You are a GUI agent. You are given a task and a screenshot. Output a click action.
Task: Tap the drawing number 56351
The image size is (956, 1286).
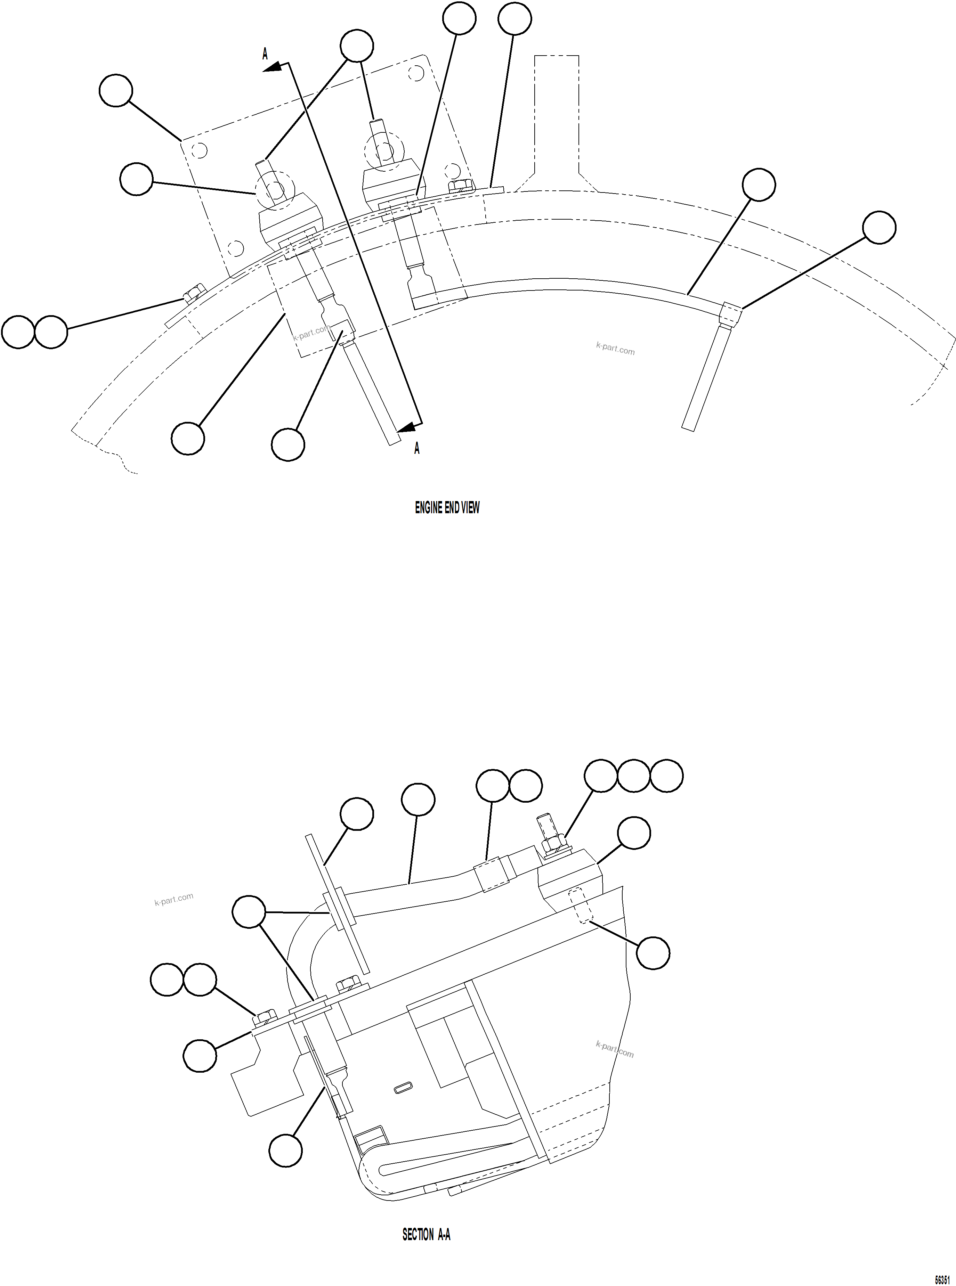tap(942, 1278)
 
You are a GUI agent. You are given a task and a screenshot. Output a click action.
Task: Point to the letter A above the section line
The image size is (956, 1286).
tap(265, 54)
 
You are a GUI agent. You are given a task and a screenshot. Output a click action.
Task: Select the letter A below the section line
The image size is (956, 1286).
tap(417, 448)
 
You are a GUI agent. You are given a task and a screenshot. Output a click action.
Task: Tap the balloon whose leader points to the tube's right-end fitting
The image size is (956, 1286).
tap(879, 227)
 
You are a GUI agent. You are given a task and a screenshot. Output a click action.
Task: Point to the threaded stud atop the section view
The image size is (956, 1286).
tap(546, 826)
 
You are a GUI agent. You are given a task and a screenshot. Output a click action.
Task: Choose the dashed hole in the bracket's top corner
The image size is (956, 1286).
tap(415, 73)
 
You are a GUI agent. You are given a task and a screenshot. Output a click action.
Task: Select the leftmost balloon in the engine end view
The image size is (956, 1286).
tap(18, 332)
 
